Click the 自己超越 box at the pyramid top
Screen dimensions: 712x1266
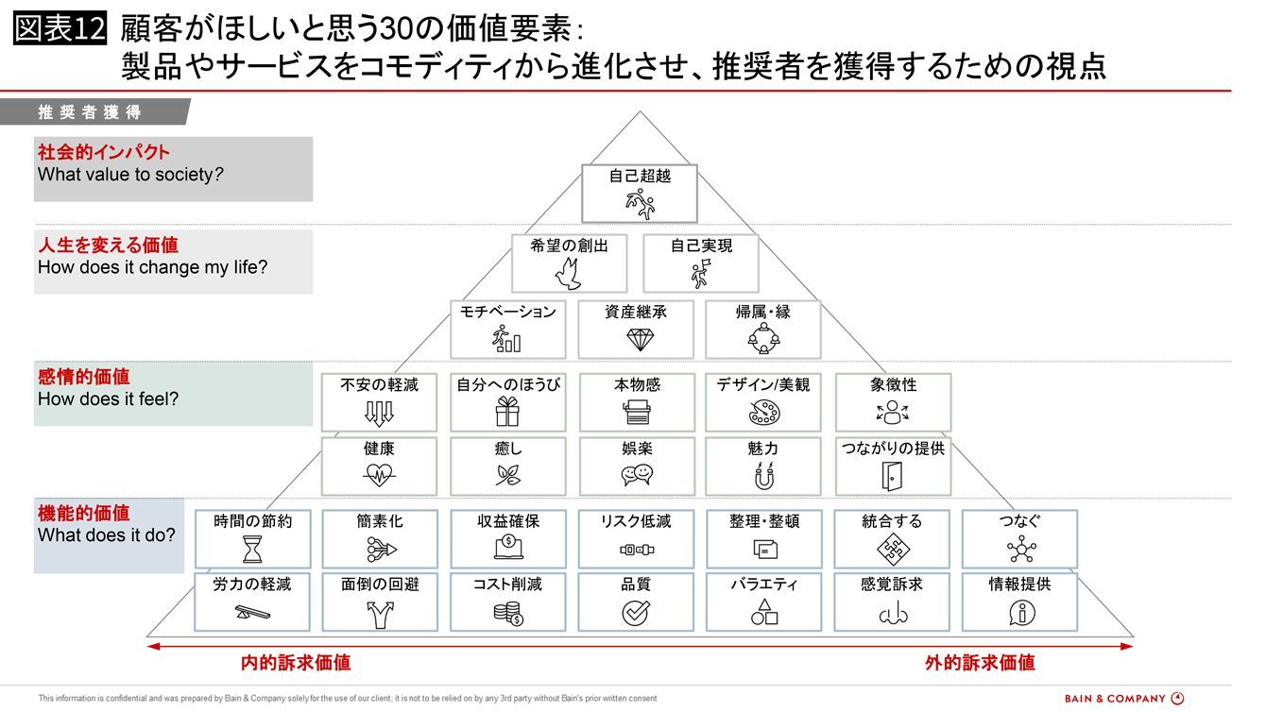pos(639,193)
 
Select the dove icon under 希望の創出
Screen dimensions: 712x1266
pos(568,274)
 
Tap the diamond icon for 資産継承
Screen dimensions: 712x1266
pos(636,340)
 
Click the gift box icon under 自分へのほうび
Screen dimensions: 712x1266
pos(507,413)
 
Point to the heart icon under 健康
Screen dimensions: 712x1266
pos(379,476)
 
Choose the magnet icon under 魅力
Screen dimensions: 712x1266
pos(763,476)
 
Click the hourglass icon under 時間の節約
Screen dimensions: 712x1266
pos(252,549)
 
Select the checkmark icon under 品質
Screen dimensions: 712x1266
pos(636,613)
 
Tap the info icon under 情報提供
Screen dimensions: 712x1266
pos(1020,613)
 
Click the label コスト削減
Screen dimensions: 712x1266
pos(507,585)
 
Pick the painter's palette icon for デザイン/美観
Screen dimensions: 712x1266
pos(763,413)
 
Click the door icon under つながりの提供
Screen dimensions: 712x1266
pos(893,476)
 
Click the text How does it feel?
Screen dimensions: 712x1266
pos(108,399)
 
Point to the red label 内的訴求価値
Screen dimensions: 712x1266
pos(296,663)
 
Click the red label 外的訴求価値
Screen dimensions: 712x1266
pos(980,663)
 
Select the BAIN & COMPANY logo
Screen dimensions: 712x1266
pos(1123,699)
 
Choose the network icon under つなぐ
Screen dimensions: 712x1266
pos(1020,549)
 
